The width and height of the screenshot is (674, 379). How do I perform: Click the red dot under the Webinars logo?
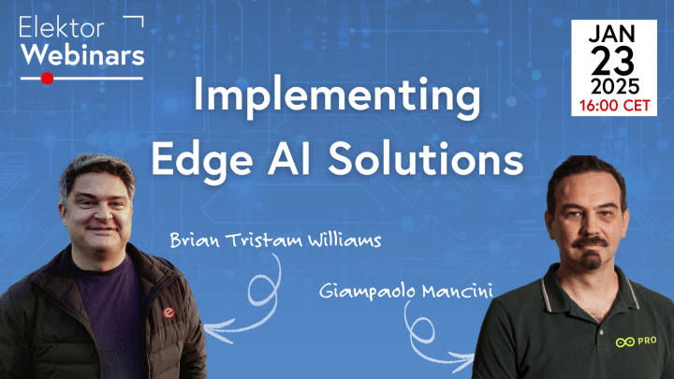[x=48, y=79]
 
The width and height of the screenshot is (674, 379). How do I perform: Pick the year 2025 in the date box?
[x=615, y=89]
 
